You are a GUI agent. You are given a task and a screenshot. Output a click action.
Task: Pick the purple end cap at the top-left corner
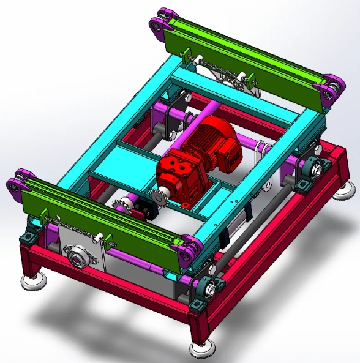point(160,20)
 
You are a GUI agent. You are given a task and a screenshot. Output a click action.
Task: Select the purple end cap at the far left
point(15,186)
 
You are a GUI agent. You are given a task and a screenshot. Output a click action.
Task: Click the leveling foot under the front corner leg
point(201,348)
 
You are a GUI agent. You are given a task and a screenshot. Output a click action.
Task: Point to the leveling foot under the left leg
point(34,281)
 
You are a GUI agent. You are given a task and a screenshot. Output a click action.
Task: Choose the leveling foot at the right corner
point(343,192)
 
